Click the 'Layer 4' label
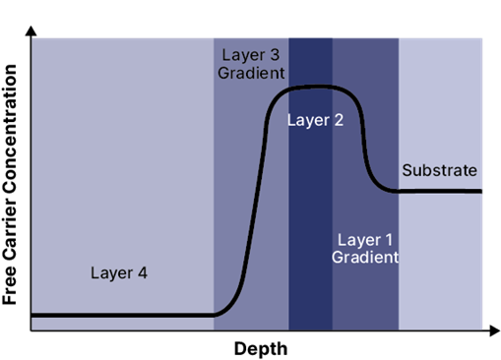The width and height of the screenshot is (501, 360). (119, 272)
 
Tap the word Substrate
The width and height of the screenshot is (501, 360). (439, 170)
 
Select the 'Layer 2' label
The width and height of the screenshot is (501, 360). (315, 121)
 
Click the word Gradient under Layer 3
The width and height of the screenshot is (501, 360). (252, 72)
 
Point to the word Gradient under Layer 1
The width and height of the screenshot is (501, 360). (364, 258)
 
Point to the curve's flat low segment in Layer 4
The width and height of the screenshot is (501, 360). (118, 316)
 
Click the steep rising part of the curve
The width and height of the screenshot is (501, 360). (255, 197)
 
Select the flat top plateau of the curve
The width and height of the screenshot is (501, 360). (315, 88)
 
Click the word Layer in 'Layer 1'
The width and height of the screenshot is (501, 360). (357, 239)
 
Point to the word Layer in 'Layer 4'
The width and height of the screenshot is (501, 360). (110, 272)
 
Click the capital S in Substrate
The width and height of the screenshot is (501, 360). (407, 170)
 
